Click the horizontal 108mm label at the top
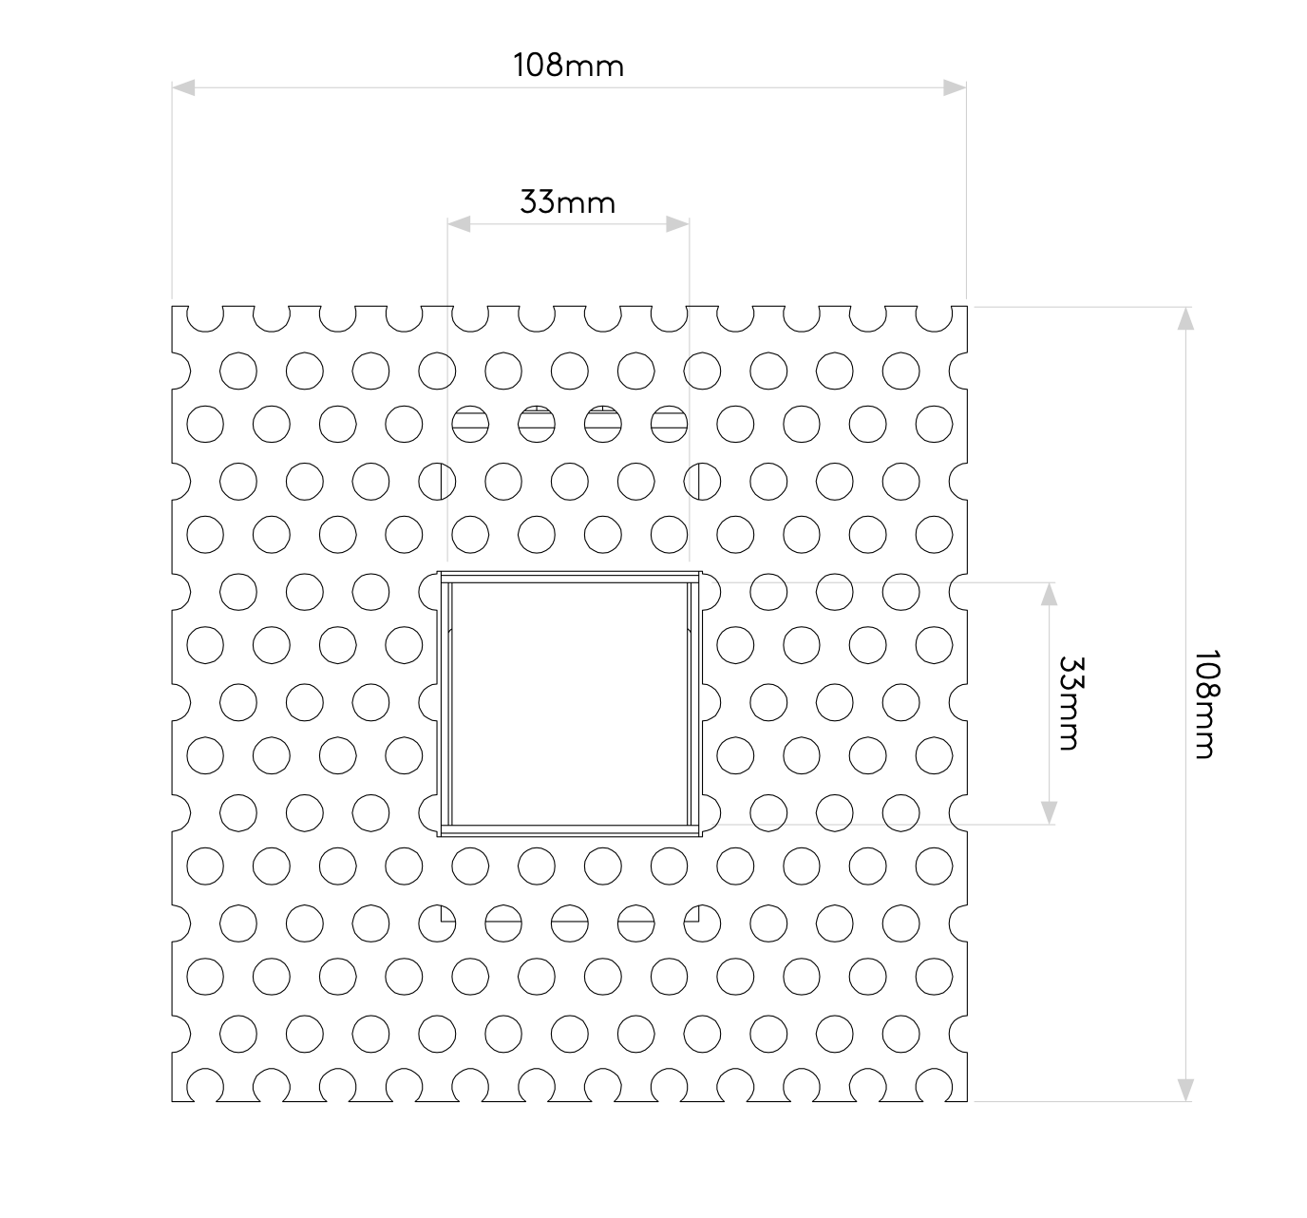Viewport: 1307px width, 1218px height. click(568, 66)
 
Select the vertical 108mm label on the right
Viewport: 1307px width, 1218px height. click(1205, 704)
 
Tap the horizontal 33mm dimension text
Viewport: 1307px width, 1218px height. click(567, 202)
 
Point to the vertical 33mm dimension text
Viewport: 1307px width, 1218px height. click(1070, 703)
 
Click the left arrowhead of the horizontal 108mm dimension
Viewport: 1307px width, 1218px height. click(183, 87)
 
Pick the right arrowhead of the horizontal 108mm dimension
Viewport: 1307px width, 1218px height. click(955, 87)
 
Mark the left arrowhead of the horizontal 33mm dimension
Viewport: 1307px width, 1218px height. click(460, 224)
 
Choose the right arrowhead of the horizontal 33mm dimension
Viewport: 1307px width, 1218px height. click(677, 224)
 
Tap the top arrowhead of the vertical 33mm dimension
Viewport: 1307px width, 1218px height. click(1049, 594)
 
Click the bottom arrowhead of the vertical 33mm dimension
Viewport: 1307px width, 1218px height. click(1049, 812)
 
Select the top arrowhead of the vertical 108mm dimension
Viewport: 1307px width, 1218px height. click(1184, 318)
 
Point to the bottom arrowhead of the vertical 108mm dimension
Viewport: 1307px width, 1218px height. click(1184, 1090)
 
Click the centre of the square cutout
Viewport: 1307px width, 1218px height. click(569, 704)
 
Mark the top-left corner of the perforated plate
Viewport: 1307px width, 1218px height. click(172, 306)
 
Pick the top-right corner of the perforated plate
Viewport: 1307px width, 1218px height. click(967, 306)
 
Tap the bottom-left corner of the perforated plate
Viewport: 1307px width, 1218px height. click(172, 1102)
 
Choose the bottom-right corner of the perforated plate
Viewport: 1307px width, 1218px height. click(967, 1102)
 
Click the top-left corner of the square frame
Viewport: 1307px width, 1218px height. click(438, 572)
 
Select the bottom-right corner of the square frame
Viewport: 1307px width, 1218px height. click(701, 836)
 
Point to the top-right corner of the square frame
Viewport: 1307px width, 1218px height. click(701, 572)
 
